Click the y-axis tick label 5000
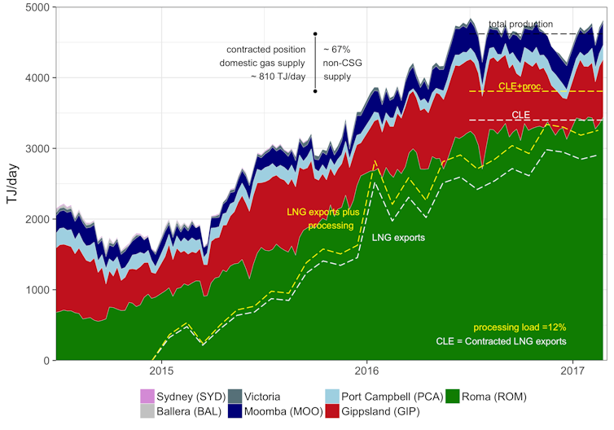pos(37,7)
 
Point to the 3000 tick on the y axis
pos(37,148)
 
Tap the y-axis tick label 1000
pos(37,290)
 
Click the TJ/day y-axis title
pos(12,184)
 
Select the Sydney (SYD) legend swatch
pos(147,397)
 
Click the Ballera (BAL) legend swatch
pos(147,412)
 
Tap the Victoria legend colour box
pos(235,397)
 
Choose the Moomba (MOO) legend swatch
pos(235,412)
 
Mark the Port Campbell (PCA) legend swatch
pos(331,397)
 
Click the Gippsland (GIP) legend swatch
pos(331,412)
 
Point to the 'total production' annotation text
pos(520,24)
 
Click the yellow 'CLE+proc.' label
pos(521,86)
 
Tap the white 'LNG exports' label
pos(397,238)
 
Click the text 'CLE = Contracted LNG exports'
pos(501,340)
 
